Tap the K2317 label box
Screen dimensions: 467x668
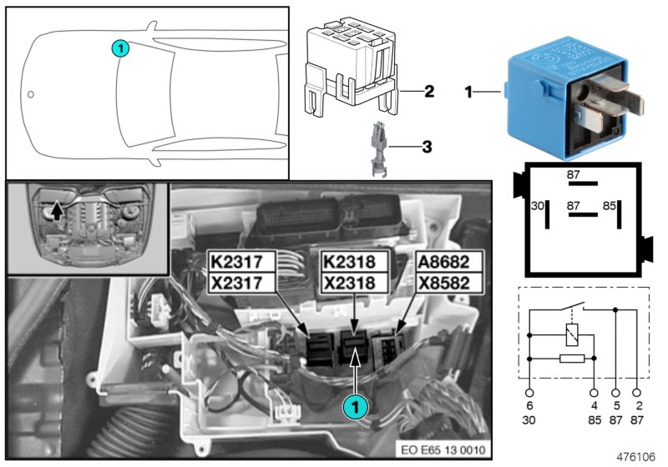pos(242,261)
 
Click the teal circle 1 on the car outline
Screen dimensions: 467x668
pos(121,48)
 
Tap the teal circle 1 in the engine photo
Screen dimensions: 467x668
pos(357,407)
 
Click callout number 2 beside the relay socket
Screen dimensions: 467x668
pos(428,90)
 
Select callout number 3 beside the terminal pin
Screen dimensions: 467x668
pos(426,148)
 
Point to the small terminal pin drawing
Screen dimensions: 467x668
pos(378,150)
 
